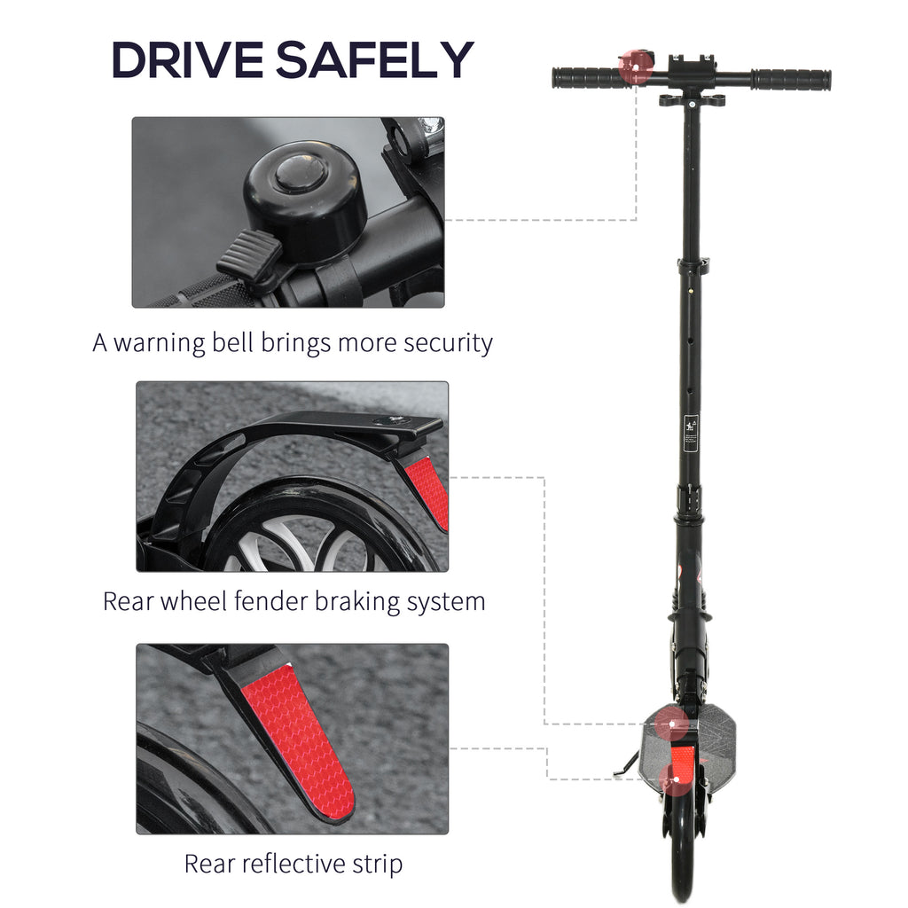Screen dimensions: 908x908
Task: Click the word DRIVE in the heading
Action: coord(187,59)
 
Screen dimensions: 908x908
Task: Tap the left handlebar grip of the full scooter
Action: coord(588,78)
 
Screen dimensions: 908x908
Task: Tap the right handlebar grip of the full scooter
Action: coord(791,79)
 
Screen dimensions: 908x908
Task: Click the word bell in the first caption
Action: coord(232,342)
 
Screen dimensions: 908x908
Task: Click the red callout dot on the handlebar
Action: coord(635,67)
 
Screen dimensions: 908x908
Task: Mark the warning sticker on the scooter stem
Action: coord(690,433)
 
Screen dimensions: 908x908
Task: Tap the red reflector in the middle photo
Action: coord(427,492)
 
